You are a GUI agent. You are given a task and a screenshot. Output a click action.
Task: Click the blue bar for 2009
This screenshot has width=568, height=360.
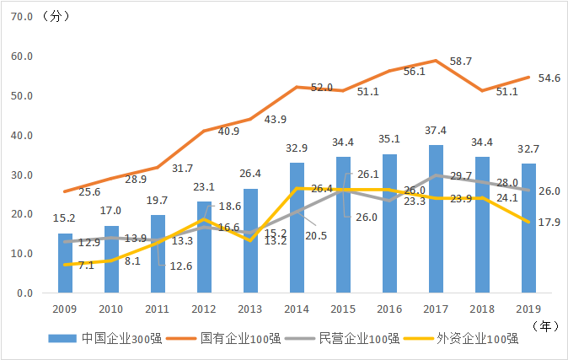click(x=65, y=263)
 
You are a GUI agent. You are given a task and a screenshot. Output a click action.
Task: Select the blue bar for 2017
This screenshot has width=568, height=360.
click(x=435, y=219)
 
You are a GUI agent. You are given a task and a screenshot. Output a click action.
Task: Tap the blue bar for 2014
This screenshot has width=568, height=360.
click(x=297, y=228)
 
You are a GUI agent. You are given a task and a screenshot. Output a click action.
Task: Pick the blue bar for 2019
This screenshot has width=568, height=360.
click(x=528, y=228)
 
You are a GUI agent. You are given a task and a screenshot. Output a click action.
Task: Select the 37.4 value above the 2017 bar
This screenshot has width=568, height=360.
click(x=436, y=131)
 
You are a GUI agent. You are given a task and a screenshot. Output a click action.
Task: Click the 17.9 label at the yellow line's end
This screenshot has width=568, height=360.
click(x=549, y=222)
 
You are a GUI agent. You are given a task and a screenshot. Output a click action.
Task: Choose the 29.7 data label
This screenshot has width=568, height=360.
click(x=461, y=175)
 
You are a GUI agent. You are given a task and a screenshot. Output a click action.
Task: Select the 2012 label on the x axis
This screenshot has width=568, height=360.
click(x=204, y=309)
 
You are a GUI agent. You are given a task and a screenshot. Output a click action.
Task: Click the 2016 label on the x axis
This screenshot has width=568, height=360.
click(x=389, y=309)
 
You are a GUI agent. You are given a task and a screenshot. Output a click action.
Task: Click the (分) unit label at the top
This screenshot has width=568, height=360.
click(x=60, y=17)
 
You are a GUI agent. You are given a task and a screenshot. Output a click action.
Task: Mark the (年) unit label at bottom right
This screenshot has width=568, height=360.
click(x=545, y=324)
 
